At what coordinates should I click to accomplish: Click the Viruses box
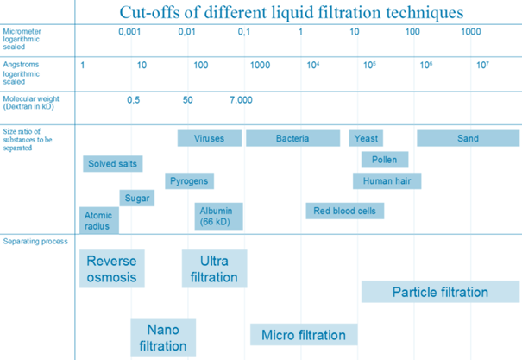(x=209, y=138)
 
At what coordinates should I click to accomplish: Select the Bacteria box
(x=292, y=138)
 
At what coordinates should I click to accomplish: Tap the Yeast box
(x=366, y=138)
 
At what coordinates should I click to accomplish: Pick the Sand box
(x=468, y=138)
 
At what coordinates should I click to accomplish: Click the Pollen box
(x=384, y=160)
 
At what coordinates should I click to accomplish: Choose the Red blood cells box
(x=344, y=211)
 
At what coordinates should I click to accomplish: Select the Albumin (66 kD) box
(x=219, y=216)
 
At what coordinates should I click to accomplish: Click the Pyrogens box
(x=189, y=181)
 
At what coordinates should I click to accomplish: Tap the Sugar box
(x=137, y=198)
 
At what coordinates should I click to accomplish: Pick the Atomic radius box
(x=98, y=220)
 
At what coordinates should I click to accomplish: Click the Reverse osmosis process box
(x=111, y=268)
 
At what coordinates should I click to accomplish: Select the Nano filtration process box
(x=162, y=338)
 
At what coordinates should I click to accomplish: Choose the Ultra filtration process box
(x=214, y=268)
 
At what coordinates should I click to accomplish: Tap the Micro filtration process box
(x=303, y=335)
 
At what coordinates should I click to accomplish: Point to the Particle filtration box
(x=440, y=292)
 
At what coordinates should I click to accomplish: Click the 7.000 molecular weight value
(x=242, y=100)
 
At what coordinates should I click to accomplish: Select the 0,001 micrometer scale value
(x=129, y=32)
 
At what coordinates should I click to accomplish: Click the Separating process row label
(x=35, y=241)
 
